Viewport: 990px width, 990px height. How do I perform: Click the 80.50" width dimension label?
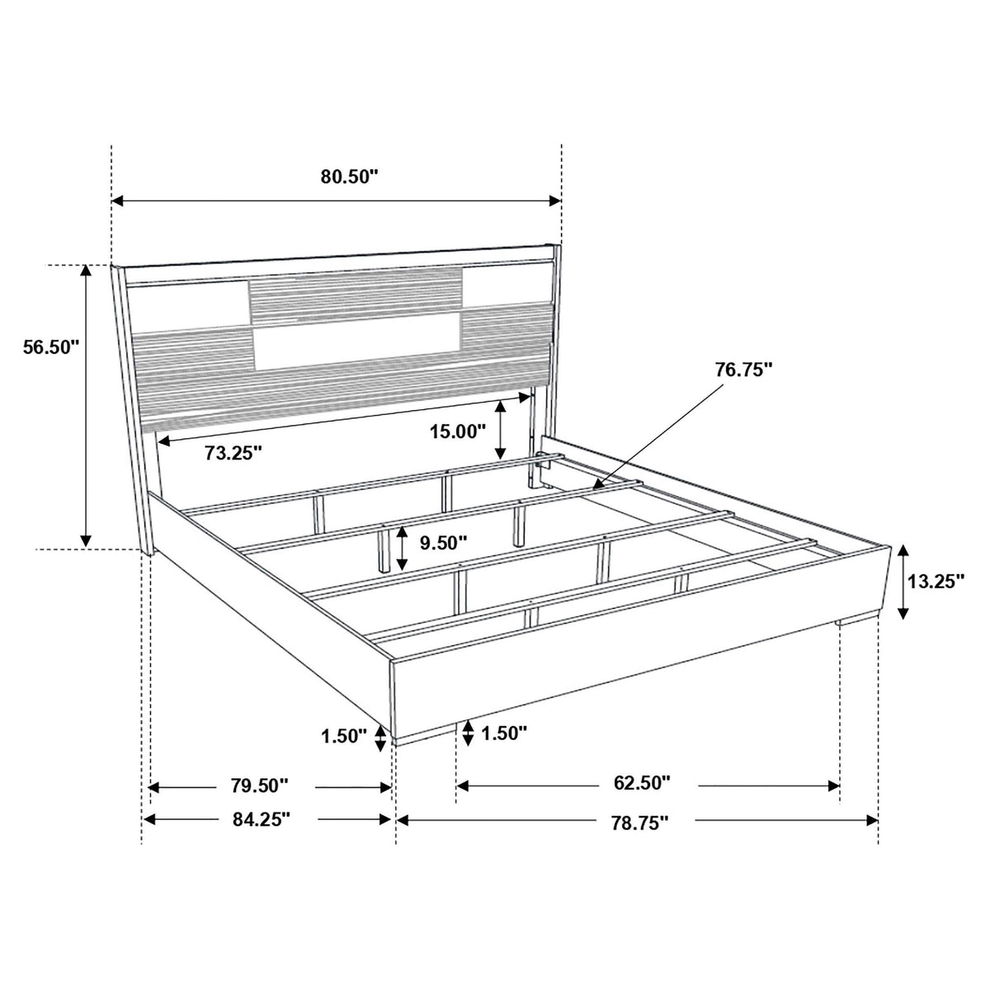(349, 177)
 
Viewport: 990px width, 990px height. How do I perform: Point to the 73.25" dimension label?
(233, 453)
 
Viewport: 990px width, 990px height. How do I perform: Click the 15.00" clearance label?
(458, 431)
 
